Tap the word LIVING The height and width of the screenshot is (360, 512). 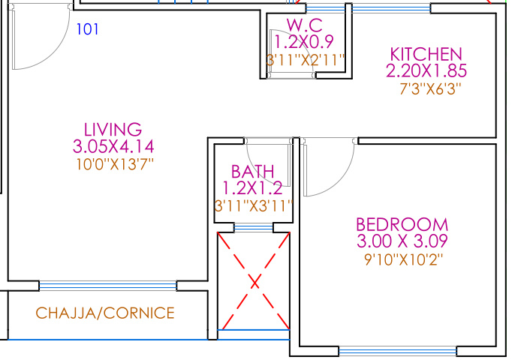tap(113, 129)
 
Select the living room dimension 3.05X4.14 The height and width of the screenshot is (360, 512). tap(113, 145)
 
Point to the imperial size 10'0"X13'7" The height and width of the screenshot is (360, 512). tap(113, 163)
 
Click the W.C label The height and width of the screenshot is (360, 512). tap(304, 25)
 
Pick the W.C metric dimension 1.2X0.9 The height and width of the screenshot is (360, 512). tap(305, 42)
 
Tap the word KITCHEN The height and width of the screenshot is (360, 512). tap(426, 55)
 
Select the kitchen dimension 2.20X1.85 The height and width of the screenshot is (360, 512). tap(426, 71)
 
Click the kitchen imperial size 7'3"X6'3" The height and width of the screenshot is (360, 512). tap(426, 88)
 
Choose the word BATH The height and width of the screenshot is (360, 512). tap(252, 171)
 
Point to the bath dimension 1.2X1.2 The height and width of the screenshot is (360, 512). tap(252, 187)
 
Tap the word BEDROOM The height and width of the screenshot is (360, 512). tap(402, 225)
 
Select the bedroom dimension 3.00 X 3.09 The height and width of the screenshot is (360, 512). tap(402, 241)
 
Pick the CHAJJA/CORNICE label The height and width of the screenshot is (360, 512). tap(105, 313)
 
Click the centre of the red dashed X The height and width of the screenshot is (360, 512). tap(254, 282)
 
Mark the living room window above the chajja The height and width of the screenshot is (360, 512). tap(108, 286)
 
